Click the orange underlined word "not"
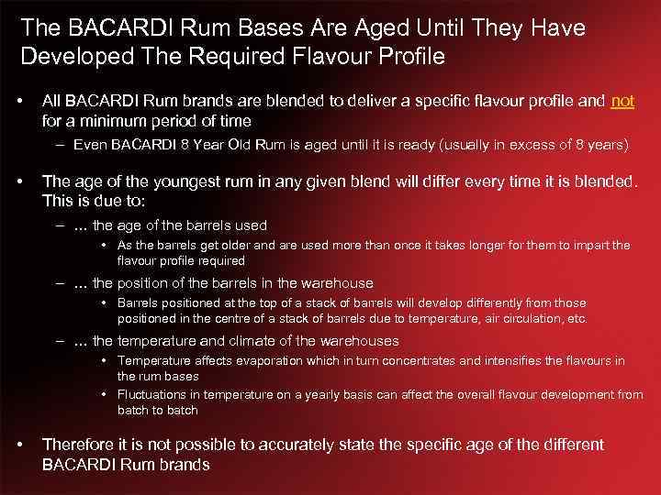tap(622, 101)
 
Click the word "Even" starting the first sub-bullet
tap(91, 145)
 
